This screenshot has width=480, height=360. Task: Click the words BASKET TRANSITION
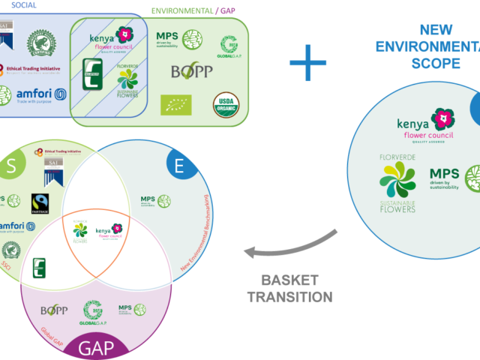tap(296, 289)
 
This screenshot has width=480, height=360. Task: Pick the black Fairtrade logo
tap(39, 203)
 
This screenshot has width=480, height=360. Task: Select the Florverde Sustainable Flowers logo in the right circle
tap(397, 184)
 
